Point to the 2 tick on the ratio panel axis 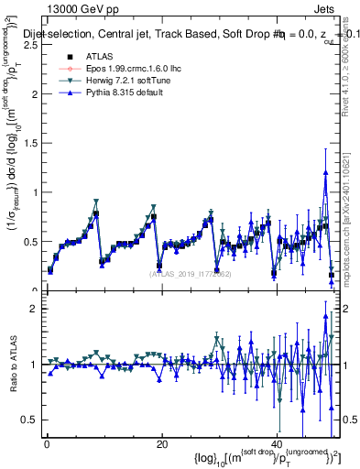(x=38, y=309)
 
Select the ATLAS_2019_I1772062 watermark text (x=188, y=273)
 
